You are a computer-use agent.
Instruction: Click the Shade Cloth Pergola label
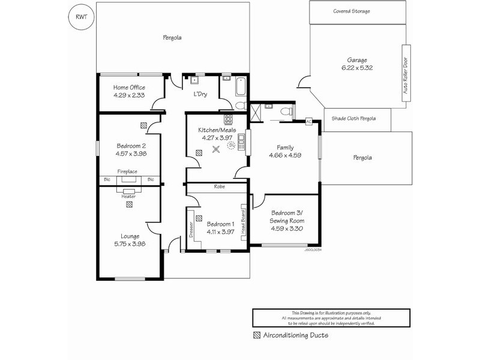click(x=353, y=119)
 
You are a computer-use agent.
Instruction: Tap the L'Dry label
click(x=200, y=94)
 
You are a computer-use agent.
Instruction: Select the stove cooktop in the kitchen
click(x=228, y=119)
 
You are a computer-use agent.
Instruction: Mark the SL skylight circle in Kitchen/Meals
click(x=231, y=144)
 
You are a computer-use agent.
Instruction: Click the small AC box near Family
click(x=309, y=121)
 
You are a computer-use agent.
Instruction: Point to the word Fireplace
click(x=127, y=172)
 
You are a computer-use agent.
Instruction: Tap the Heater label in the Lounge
click(x=128, y=196)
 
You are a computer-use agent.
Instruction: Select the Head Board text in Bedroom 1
click(x=243, y=224)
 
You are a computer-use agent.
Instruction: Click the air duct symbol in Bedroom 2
click(x=143, y=125)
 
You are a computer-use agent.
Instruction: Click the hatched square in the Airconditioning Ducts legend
click(x=257, y=335)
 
